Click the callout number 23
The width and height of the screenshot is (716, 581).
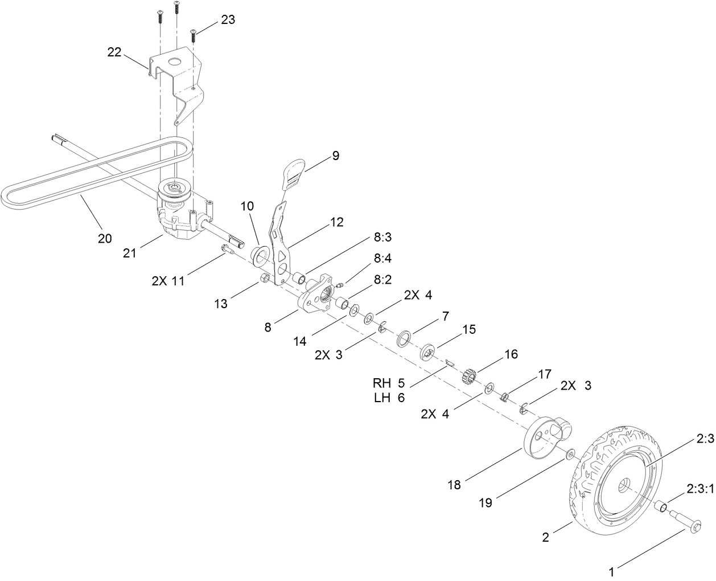[228, 20]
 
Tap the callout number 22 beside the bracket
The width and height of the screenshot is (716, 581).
[115, 52]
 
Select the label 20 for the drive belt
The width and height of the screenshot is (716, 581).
[104, 238]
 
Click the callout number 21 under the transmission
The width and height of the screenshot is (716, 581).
[130, 252]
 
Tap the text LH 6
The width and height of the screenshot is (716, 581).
[390, 398]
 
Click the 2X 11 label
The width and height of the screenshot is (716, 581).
[168, 280]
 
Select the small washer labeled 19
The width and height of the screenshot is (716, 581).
[570, 456]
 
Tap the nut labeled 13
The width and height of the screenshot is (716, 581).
[265, 278]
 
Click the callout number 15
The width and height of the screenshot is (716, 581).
[468, 329]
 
